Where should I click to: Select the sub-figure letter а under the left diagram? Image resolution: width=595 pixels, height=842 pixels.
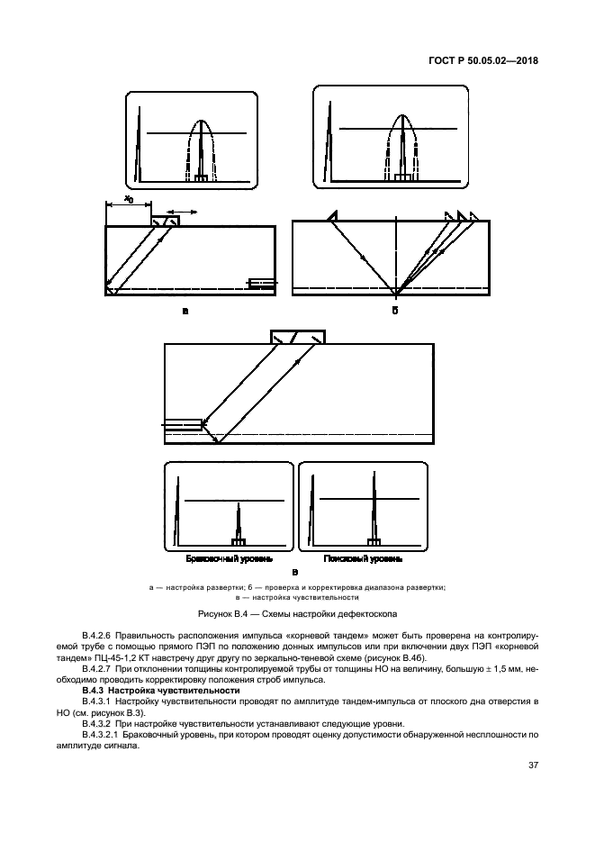(185, 311)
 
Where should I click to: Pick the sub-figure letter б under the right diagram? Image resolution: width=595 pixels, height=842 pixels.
(394, 311)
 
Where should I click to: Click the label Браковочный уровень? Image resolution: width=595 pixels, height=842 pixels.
(222, 559)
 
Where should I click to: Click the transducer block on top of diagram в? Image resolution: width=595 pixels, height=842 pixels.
(298, 337)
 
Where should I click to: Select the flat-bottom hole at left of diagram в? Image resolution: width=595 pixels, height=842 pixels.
(183, 423)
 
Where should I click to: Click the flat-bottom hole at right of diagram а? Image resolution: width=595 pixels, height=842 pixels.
(262, 285)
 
